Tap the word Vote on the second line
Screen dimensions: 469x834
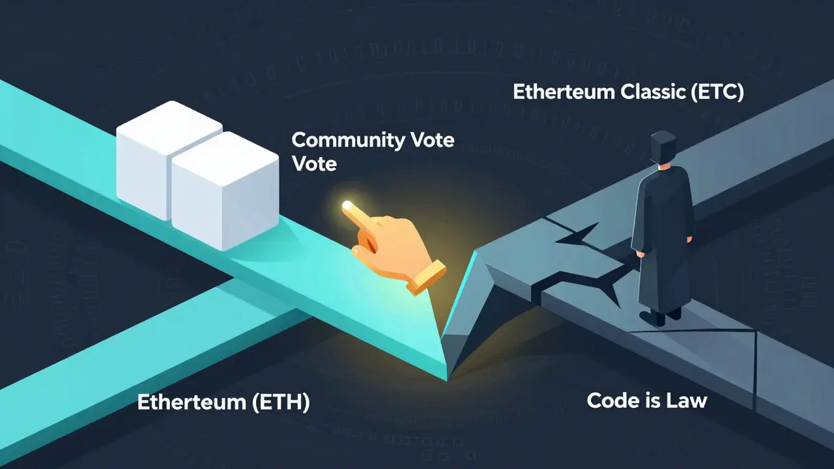pyautogui.click(x=314, y=163)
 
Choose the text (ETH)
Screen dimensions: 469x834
pyautogui.click(x=280, y=403)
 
